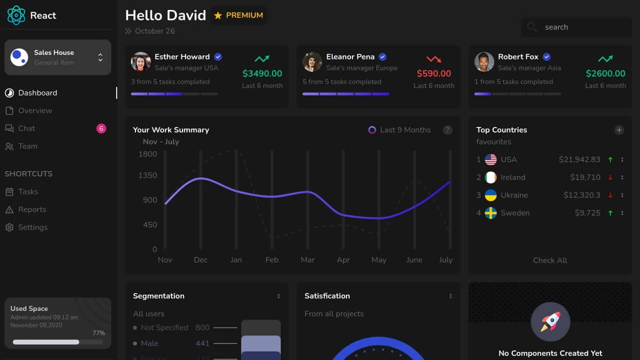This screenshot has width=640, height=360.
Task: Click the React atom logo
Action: pos(16,15)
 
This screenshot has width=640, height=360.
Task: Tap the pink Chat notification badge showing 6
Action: pos(101,128)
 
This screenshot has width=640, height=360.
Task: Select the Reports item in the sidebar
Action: pos(32,209)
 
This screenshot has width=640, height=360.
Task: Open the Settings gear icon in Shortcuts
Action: pos(9,227)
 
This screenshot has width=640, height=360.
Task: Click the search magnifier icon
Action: pos(532,27)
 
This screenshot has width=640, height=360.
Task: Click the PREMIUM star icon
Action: pos(218,15)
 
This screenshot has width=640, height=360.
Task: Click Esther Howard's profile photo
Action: pos(141,62)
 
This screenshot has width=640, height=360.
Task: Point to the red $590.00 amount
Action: pos(433,73)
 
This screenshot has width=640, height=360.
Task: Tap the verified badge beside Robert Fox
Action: pos(546,57)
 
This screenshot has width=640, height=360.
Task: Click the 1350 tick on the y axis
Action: pos(147,175)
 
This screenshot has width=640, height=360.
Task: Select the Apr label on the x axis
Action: pos(343,260)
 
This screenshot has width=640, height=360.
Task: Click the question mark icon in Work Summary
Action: pos(447,130)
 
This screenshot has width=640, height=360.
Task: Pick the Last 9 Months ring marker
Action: pos(372,130)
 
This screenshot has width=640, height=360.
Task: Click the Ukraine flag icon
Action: pos(491,195)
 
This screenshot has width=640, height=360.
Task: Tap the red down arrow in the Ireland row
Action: pos(610,177)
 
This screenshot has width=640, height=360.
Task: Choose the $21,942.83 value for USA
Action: pos(579,159)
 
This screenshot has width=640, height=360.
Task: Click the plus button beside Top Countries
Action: pos(619,130)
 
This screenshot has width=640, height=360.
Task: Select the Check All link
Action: pos(550,260)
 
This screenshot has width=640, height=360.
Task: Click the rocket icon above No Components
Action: pos(550,321)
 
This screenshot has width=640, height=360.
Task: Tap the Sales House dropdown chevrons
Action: pos(100,57)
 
